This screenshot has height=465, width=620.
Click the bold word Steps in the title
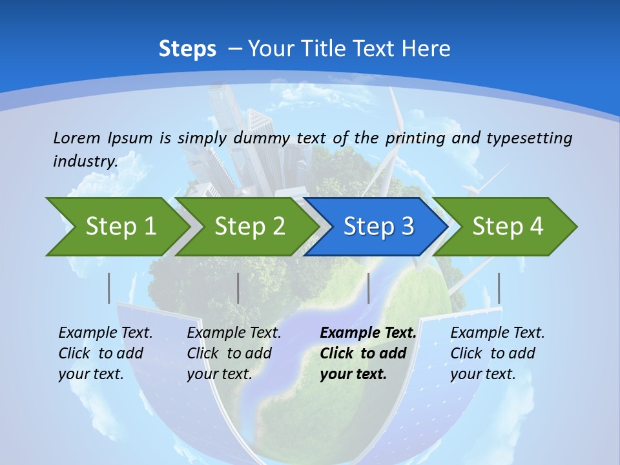point(187,49)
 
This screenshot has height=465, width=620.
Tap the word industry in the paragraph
point(85,161)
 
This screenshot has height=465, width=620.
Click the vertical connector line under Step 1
point(109,288)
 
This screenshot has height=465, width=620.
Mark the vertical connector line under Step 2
point(238,288)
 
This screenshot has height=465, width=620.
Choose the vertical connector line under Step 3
point(368,288)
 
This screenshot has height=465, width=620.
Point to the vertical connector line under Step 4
point(499,288)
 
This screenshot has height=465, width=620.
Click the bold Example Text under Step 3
point(368,333)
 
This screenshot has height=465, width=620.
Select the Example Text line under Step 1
point(105,333)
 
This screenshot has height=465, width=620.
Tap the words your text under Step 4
point(482,374)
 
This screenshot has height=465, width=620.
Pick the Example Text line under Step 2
point(234,333)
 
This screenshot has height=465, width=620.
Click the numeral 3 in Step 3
point(407,226)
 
